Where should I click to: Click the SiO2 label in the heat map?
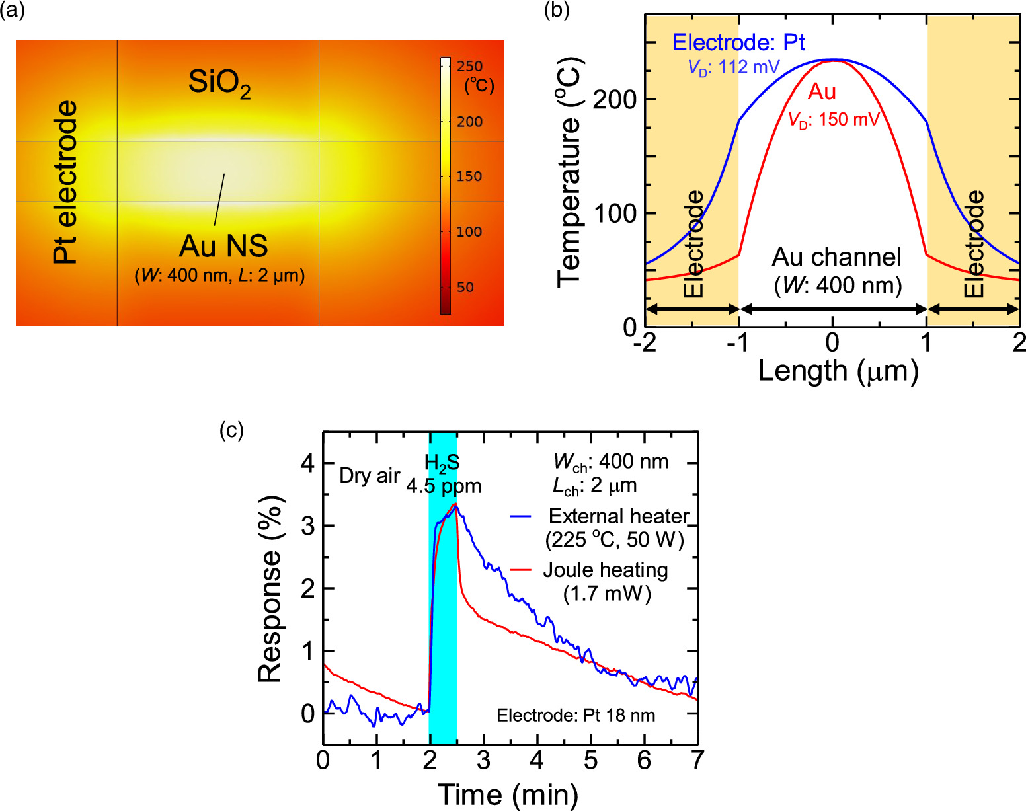(x=219, y=84)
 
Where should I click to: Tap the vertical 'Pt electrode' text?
(x=65, y=182)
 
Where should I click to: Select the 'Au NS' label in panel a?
(x=223, y=246)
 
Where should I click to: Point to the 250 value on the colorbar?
(x=469, y=67)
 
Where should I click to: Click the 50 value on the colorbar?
(x=465, y=288)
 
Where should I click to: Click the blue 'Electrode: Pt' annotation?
(x=738, y=43)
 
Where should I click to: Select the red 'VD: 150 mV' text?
(x=834, y=120)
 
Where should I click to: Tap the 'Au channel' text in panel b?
(x=836, y=257)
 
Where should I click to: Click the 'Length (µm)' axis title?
(x=838, y=371)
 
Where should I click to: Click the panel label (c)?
(x=231, y=430)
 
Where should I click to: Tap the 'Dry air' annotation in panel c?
(x=370, y=475)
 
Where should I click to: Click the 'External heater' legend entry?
(x=618, y=516)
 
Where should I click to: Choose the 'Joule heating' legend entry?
(x=605, y=570)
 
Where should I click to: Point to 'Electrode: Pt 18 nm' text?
(x=576, y=715)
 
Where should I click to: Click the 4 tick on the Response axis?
(x=307, y=463)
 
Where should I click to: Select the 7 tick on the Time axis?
(x=697, y=761)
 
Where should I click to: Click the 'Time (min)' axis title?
(x=508, y=794)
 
